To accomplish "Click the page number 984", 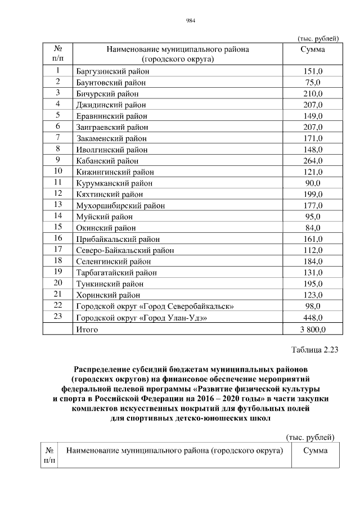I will [190, 22].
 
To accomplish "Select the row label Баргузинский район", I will [112, 71].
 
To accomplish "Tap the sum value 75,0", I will [313, 83].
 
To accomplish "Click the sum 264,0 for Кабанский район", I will [313, 161].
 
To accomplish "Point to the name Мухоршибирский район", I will [120, 206].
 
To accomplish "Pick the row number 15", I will [57, 228].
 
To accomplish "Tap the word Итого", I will [87, 330].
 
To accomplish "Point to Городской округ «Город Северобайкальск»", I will [155, 307].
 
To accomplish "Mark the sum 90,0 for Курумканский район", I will [313, 183].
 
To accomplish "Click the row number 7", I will [57, 138].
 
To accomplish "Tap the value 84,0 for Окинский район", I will [313, 228].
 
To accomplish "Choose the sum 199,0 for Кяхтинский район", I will [313, 195].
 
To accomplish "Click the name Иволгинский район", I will [112, 150].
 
